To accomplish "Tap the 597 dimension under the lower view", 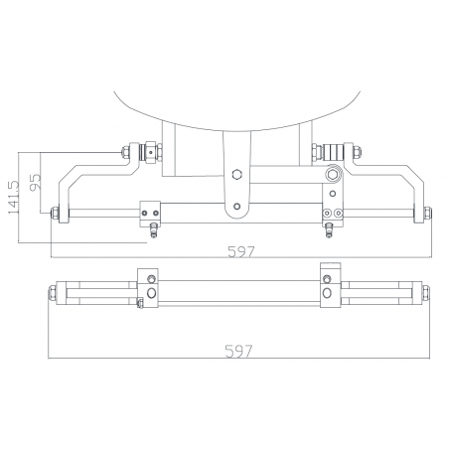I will [239, 351].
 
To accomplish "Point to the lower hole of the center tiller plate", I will [236, 208].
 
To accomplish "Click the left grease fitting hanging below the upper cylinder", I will [152, 230].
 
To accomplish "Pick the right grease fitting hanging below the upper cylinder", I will [329, 230].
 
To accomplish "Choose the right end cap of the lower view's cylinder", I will [425, 293].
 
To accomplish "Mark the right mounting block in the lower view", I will [330, 285].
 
